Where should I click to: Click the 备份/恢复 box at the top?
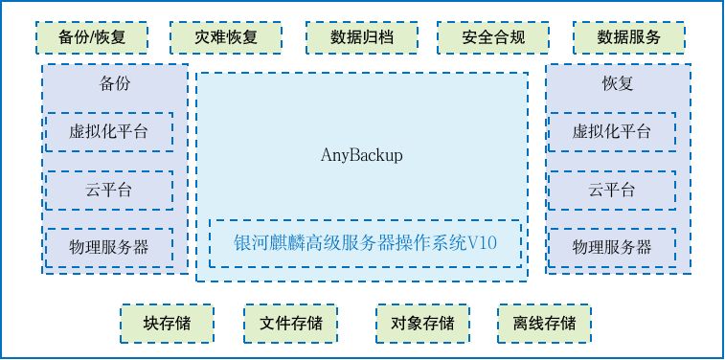pyautogui.click(x=92, y=37)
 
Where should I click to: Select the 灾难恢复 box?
pyautogui.click(x=226, y=37)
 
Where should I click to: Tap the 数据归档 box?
pyautogui.click(x=362, y=37)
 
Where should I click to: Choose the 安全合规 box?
pyautogui.click(x=493, y=37)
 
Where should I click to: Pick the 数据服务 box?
pyautogui.click(x=629, y=37)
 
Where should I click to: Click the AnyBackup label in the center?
pyautogui.click(x=362, y=156)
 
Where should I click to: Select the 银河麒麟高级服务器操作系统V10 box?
pyautogui.click(x=365, y=243)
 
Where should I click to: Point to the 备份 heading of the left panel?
pyautogui.click(x=115, y=83)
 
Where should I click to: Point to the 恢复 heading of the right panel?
pyautogui.click(x=618, y=83)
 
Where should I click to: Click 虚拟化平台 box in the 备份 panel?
pyautogui.click(x=109, y=132)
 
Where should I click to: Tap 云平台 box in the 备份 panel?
pyautogui.click(x=109, y=191)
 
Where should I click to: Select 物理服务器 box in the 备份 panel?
pyautogui.click(x=109, y=247)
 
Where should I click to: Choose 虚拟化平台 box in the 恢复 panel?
pyautogui.click(x=612, y=132)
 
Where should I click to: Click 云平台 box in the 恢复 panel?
pyautogui.click(x=612, y=191)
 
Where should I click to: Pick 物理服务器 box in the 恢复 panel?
pyautogui.click(x=612, y=247)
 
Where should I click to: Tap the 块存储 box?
pyautogui.click(x=167, y=324)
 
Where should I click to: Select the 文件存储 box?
pyautogui.click(x=290, y=324)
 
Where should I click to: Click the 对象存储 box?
pyautogui.click(x=422, y=324)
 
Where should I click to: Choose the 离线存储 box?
pyautogui.click(x=544, y=324)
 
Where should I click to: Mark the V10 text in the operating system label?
pyautogui.click(x=483, y=243)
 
